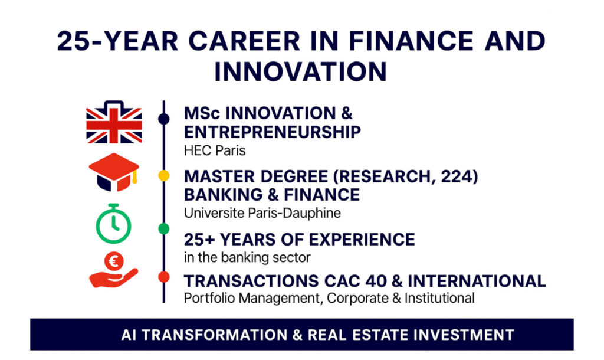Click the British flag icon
coord(114,123)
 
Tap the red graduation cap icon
coord(114,172)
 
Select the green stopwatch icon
coord(113,224)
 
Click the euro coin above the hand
coord(114,261)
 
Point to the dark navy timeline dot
coord(164,119)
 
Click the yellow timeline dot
coord(164,176)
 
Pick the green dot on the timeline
coord(164,229)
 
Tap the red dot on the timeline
coord(164,277)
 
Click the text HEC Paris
coord(215,150)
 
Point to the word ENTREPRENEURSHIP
coord(273,132)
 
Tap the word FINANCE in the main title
coord(411,41)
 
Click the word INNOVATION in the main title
coord(300,71)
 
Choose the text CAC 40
coord(355,282)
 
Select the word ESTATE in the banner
coord(379,335)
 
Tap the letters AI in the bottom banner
coord(129,335)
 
